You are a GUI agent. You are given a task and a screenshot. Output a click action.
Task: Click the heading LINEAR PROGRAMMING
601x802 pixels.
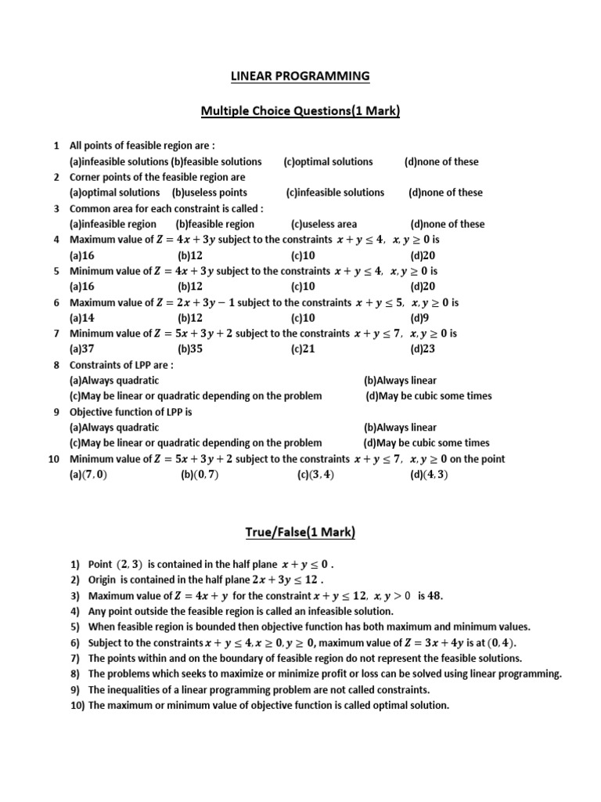(300, 76)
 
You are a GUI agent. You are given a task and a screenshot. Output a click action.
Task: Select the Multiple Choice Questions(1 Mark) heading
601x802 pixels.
(300, 112)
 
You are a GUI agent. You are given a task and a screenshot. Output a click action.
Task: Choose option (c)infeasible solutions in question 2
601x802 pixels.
(335, 193)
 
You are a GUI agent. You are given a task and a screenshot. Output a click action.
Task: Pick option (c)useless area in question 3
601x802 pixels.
(323, 224)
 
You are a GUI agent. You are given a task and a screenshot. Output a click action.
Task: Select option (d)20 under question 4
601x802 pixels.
(423, 255)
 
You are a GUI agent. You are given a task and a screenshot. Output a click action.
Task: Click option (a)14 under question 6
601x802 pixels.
(82, 318)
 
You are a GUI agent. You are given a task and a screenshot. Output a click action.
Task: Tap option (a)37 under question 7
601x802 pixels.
(82, 349)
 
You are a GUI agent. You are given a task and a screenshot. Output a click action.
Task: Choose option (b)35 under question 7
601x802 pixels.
(190, 349)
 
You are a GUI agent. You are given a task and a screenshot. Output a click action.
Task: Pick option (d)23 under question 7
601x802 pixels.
(423, 349)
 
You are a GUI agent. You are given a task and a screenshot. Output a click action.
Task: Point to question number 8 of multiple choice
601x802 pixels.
(56, 365)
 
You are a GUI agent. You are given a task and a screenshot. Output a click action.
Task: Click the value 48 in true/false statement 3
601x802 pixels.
(435, 595)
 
